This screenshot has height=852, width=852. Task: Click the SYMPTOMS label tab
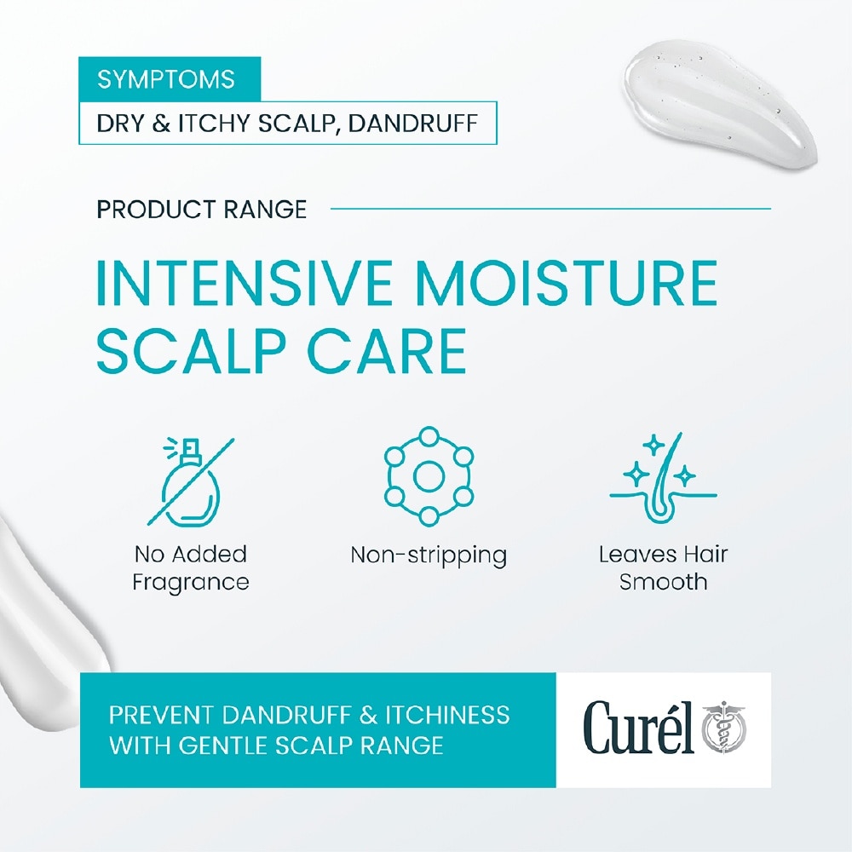pos(166,79)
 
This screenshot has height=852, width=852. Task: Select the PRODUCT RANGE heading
pos(202,209)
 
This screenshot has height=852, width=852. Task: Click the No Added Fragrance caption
pos(191,568)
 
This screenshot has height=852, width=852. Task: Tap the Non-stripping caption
pos(429,556)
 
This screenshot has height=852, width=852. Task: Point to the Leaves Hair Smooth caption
pos(663,568)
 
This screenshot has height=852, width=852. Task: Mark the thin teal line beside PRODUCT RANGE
pos(550,208)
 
